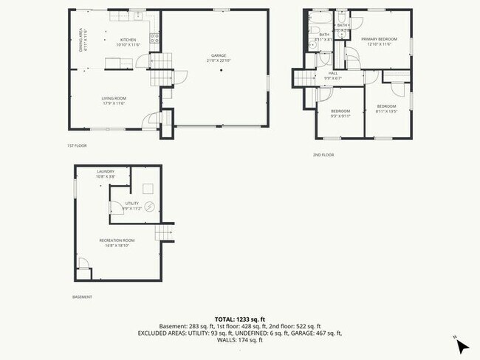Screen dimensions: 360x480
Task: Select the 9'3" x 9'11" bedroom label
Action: click(340, 113)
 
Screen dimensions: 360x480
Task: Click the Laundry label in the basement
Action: click(105, 173)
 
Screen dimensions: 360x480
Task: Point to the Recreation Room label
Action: click(117, 242)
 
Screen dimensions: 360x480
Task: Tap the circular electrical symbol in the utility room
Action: click(150, 207)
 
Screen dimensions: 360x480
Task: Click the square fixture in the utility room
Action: click(148, 187)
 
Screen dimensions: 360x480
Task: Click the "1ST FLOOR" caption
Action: click(77, 146)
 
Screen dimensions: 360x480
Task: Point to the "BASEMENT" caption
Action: click(83, 297)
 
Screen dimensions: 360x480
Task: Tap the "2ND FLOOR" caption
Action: click(323, 155)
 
